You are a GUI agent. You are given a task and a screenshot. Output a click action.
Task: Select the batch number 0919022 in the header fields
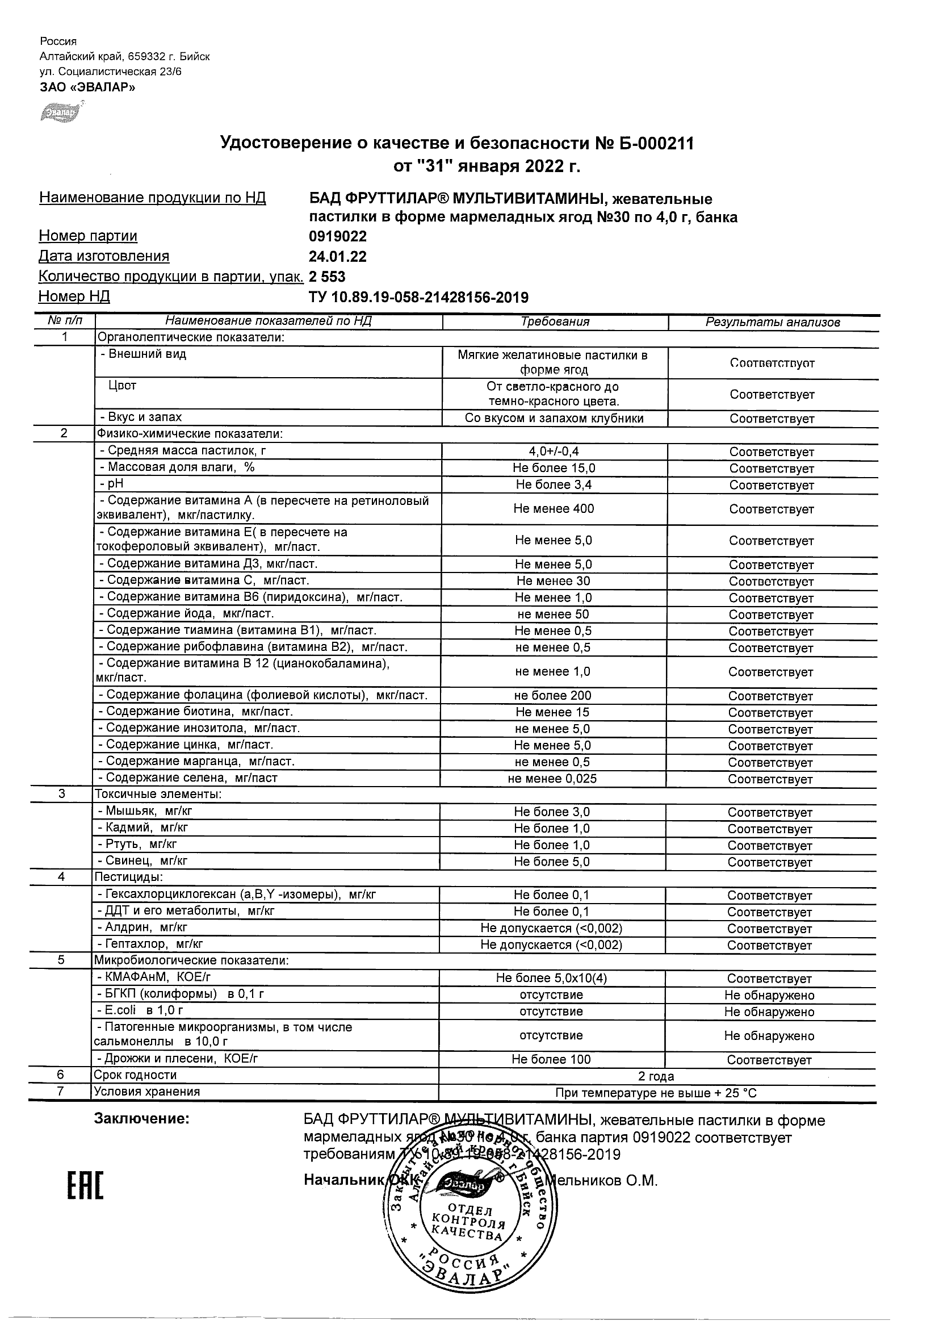(x=337, y=236)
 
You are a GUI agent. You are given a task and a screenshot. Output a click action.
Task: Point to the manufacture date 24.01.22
(x=337, y=256)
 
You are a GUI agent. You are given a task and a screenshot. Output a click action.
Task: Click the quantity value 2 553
(x=327, y=277)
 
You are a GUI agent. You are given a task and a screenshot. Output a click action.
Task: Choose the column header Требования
(x=555, y=322)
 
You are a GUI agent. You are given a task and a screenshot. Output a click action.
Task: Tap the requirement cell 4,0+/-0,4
(x=554, y=452)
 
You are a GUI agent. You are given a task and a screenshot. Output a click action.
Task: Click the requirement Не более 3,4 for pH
(x=554, y=485)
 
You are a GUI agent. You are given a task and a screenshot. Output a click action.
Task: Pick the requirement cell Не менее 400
(x=554, y=509)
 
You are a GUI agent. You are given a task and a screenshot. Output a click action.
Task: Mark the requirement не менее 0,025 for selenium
(x=552, y=779)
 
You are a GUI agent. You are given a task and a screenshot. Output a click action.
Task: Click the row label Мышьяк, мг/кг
(x=149, y=812)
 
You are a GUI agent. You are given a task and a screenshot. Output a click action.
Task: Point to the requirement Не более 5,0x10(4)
(x=551, y=978)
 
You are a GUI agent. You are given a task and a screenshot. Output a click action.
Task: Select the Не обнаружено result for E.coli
(x=769, y=1012)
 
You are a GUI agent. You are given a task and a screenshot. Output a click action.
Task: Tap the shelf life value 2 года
(x=656, y=1076)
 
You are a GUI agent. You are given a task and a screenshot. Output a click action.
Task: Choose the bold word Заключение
(x=142, y=1118)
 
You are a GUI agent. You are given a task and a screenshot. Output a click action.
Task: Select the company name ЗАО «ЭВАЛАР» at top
(x=87, y=87)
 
